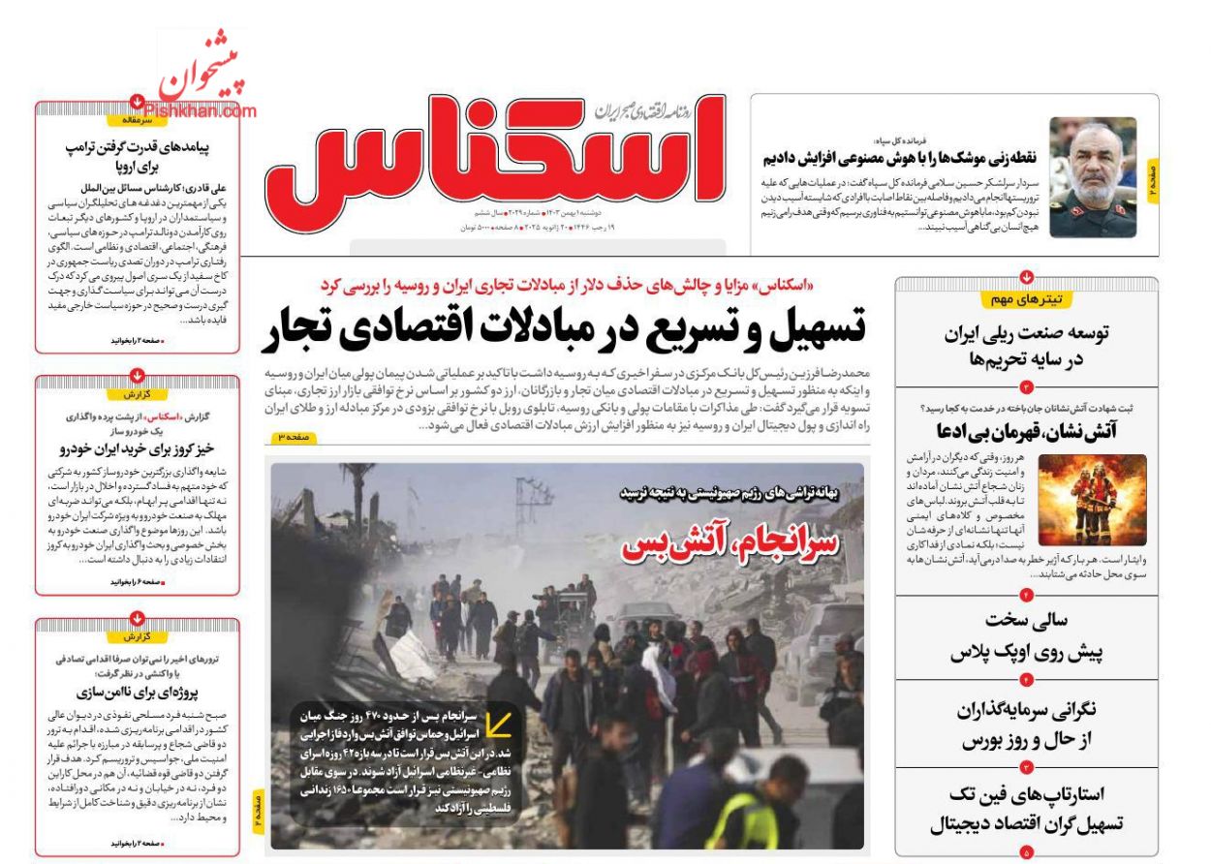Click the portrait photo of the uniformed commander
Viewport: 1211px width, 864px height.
coord(1093,177)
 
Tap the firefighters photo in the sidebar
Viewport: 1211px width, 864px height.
coord(1092,499)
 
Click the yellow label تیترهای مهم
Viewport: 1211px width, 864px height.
coord(1026,299)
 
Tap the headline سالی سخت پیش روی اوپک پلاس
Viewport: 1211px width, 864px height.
coord(1026,636)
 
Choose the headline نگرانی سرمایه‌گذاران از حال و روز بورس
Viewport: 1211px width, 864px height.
coord(1026,725)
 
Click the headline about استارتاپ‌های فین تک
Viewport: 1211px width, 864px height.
coord(1026,810)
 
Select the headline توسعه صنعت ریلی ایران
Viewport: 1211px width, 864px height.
coord(1026,346)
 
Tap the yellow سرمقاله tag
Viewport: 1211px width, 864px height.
coord(137,120)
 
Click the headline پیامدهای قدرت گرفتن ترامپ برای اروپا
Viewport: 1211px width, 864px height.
coord(137,157)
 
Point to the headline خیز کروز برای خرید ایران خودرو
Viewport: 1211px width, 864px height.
coord(137,448)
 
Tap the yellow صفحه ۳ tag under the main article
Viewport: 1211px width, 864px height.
coord(294,438)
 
